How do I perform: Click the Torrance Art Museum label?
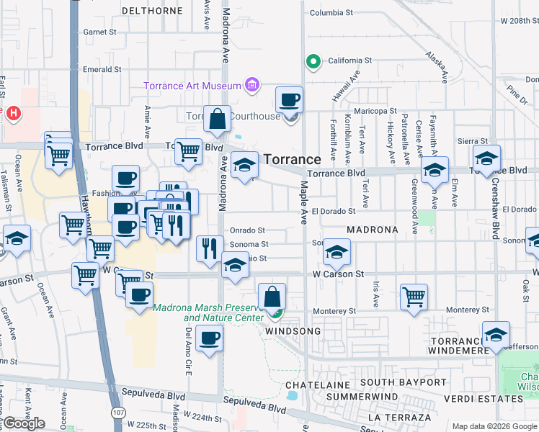click(x=192, y=86)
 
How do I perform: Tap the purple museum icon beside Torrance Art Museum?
click(x=252, y=86)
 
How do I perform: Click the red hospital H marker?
click(x=12, y=112)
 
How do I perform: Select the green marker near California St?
click(x=313, y=62)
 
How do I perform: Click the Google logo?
click(x=23, y=423)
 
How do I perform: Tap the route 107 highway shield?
click(x=117, y=414)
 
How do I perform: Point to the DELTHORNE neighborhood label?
click(x=152, y=11)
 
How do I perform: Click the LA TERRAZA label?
click(x=398, y=417)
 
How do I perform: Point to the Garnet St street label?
click(x=99, y=32)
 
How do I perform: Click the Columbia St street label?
click(x=331, y=13)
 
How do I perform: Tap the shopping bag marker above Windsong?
click(x=272, y=297)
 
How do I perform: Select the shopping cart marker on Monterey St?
click(x=414, y=297)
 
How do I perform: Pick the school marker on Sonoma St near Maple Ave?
click(x=336, y=252)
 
